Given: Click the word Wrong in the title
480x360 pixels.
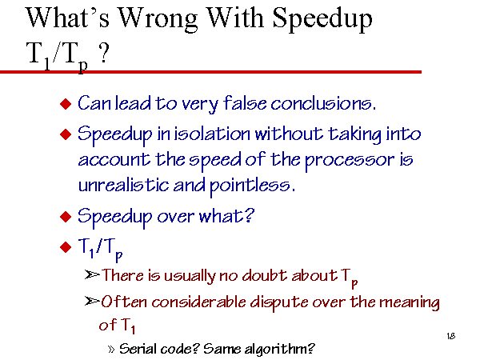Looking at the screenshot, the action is (x=158, y=19).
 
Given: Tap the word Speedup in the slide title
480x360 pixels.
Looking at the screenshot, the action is (x=322, y=19).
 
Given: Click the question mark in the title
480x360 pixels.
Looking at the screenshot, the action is (x=104, y=53).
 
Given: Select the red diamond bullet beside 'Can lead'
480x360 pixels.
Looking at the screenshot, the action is (x=66, y=104).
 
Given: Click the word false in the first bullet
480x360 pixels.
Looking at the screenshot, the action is (x=245, y=103).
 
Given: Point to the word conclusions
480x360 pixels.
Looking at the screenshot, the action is (x=323, y=103).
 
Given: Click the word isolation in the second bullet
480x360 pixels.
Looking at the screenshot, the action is (x=212, y=134).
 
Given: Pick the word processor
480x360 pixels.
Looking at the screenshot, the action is (x=350, y=160).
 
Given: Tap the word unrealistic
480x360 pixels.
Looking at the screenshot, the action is (x=123, y=185).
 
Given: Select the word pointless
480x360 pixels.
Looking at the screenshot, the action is (x=253, y=186).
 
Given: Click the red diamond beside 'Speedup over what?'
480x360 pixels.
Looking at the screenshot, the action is (x=66, y=217).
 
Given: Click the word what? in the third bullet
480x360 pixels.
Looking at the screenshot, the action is (x=226, y=216).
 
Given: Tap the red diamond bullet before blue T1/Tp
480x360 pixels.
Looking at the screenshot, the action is (x=66, y=247).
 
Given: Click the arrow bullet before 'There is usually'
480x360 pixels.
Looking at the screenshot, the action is (x=92, y=275).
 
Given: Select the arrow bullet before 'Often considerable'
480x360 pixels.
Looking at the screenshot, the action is (x=92, y=302).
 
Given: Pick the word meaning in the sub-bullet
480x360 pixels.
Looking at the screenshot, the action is (x=410, y=302).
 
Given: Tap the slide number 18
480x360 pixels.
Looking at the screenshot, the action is (x=451, y=336).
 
